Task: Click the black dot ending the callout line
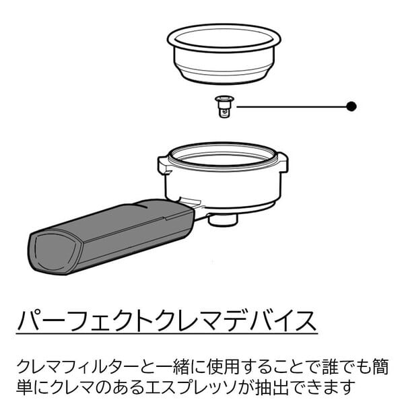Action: [351, 106]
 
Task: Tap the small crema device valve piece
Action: [224, 106]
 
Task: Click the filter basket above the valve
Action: [224, 54]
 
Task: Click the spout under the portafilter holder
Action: [223, 220]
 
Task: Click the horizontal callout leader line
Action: [292, 106]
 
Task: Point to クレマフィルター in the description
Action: [79, 367]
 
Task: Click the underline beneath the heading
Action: [167, 334]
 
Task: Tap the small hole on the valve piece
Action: [225, 112]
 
